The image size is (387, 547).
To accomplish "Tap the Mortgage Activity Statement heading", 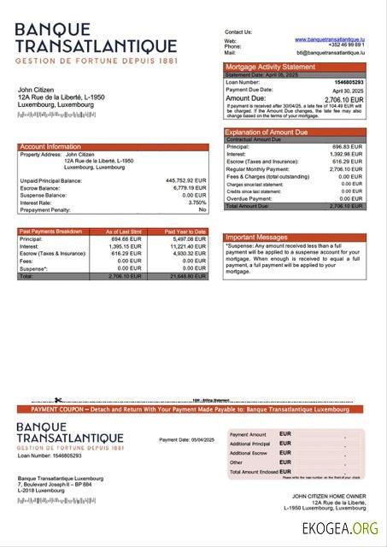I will click(x=269, y=67).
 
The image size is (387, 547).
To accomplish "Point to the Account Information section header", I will click(x=50, y=147).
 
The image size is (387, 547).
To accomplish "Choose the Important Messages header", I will click(x=255, y=237).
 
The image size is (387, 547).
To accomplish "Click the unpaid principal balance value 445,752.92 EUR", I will click(x=185, y=180).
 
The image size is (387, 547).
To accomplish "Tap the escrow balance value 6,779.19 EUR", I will click(x=189, y=188).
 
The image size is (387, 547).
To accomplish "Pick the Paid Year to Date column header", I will click(x=185, y=232).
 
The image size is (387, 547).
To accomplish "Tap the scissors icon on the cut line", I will click(x=58, y=400).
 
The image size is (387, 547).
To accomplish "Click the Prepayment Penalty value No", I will click(x=202, y=209).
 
